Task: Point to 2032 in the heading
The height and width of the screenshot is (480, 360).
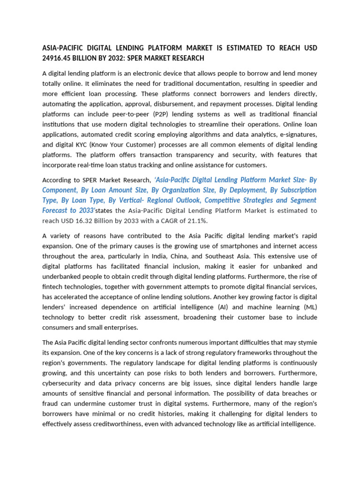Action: click(130, 58)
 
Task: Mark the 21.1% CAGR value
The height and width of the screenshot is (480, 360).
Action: click(196, 220)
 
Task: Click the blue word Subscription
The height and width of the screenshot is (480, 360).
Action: click(295, 190)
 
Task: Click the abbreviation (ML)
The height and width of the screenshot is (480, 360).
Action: click(309, 307)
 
